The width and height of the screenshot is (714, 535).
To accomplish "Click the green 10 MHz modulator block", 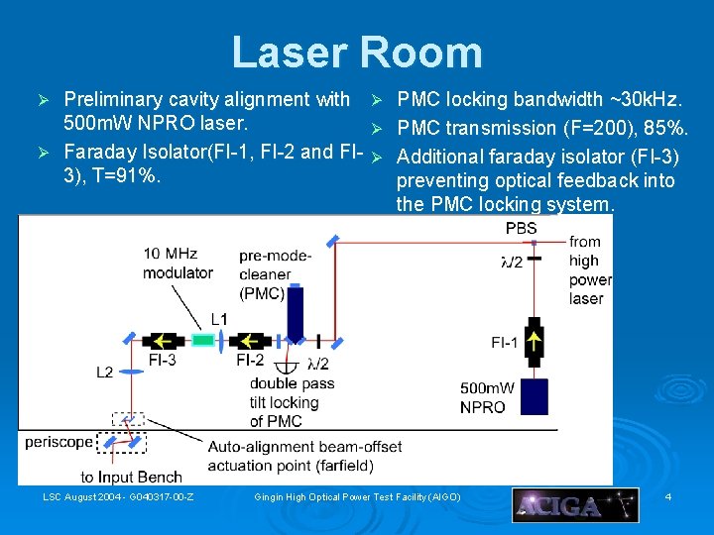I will coord(203,340).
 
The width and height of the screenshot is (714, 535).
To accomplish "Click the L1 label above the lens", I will coord(219,319).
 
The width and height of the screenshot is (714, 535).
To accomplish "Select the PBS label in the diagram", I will coord(522,229).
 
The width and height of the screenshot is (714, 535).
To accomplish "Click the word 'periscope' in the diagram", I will coord(59,442).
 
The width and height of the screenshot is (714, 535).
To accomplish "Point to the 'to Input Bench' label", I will coord(131,478).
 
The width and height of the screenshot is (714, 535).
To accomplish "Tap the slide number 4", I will coord(668,495).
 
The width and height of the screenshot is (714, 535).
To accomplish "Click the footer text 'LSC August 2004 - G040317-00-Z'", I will coord(118,495).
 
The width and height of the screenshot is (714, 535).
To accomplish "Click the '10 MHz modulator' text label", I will coord(178,264).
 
